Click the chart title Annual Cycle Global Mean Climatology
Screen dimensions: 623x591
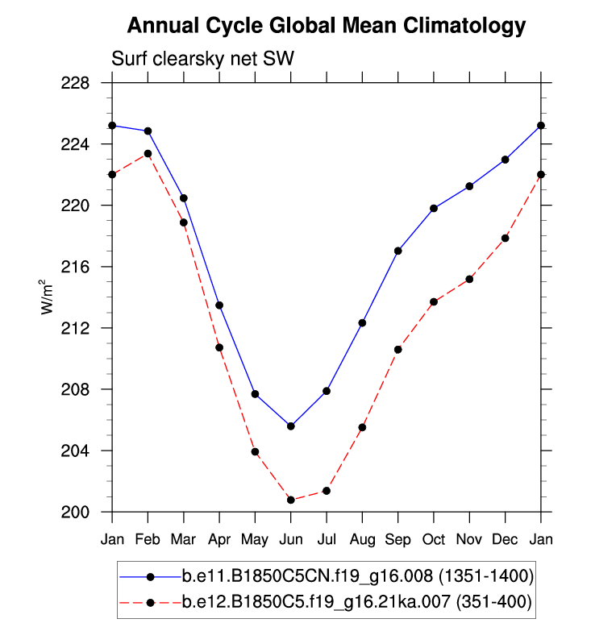pos(327,27)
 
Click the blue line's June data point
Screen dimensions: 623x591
pos(291,426)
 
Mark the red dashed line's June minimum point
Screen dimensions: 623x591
pos(291,500)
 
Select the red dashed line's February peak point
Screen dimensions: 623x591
pos(148,154)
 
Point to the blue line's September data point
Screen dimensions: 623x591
pos(398,251)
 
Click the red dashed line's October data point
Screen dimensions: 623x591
pos(434,301)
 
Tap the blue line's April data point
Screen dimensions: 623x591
pos(219,305)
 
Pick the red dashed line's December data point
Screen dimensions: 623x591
pos(506,238)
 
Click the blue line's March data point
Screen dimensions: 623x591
pos(184,198)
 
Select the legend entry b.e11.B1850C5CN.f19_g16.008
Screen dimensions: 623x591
pos(355,576)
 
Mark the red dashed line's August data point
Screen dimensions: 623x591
pos(362,427)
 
